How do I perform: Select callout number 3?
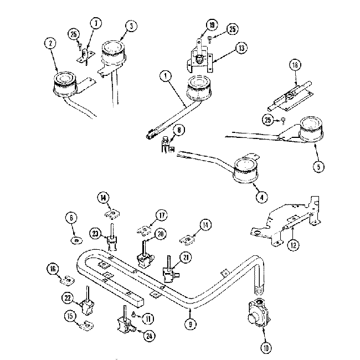pyautogui.click(x=131, y=26)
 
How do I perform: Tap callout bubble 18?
pyautogui.click(x=295, y=66)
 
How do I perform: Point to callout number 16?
pyautogui.click(x=53, y=269)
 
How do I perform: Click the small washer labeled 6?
pyautogui.click(x=74, y=240)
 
